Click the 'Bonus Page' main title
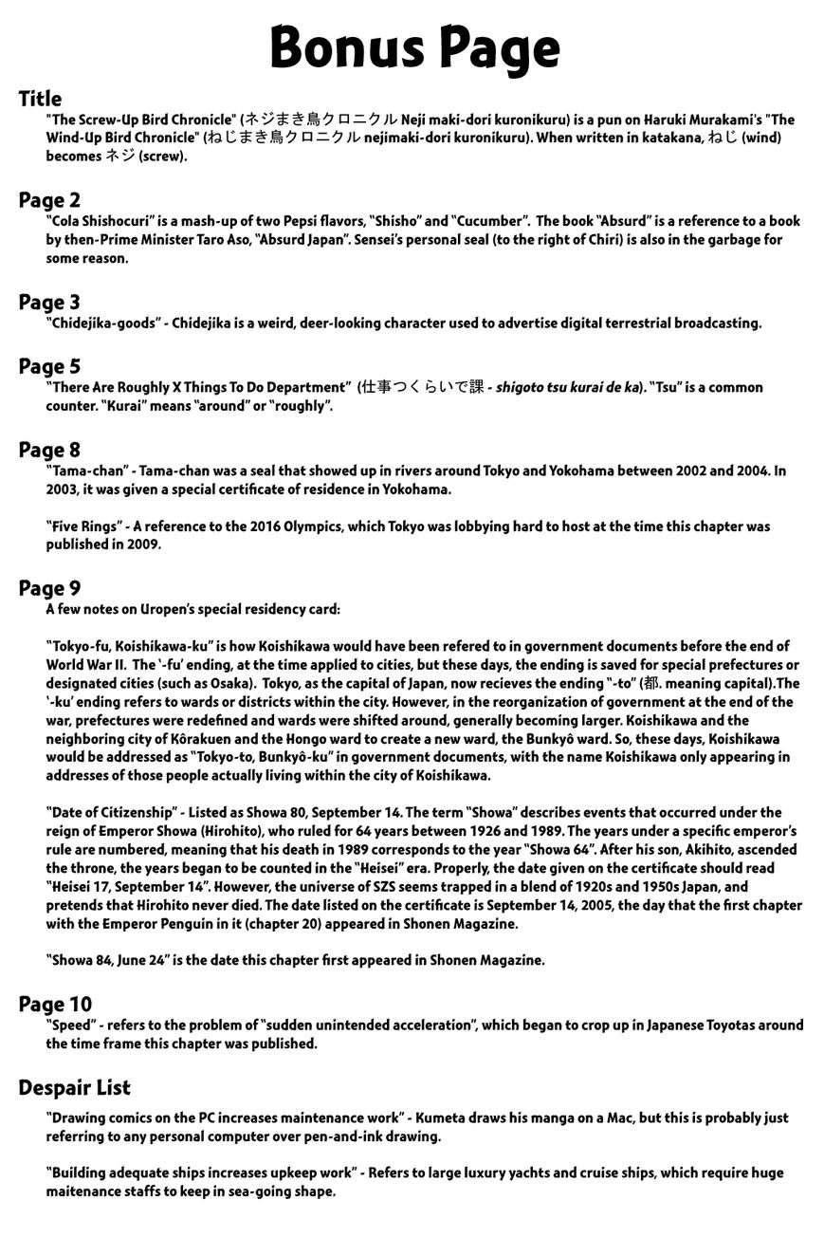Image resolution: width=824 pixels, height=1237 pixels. pos(414,47)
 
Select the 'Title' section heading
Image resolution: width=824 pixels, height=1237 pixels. pos(40,99)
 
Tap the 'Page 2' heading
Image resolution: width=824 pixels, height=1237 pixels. pos(49,200)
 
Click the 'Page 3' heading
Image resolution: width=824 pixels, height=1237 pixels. pos(49,303)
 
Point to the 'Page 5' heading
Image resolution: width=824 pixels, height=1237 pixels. pos(49,366)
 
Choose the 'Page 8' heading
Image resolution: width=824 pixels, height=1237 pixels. pos(49,450)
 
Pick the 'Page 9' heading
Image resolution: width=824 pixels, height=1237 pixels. pos(49,589)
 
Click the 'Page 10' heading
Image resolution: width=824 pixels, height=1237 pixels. pos(55,1005)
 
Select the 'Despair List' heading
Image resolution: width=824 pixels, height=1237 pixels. pos(74,1088)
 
